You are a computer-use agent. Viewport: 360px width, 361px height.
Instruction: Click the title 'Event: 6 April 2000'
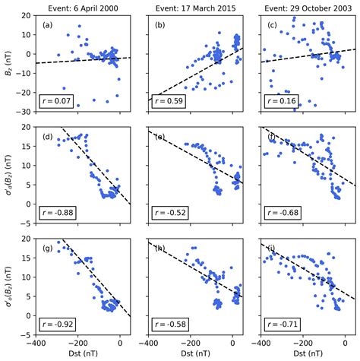tap(82, 6)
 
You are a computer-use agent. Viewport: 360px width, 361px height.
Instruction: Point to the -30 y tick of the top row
tap(25, 111)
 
